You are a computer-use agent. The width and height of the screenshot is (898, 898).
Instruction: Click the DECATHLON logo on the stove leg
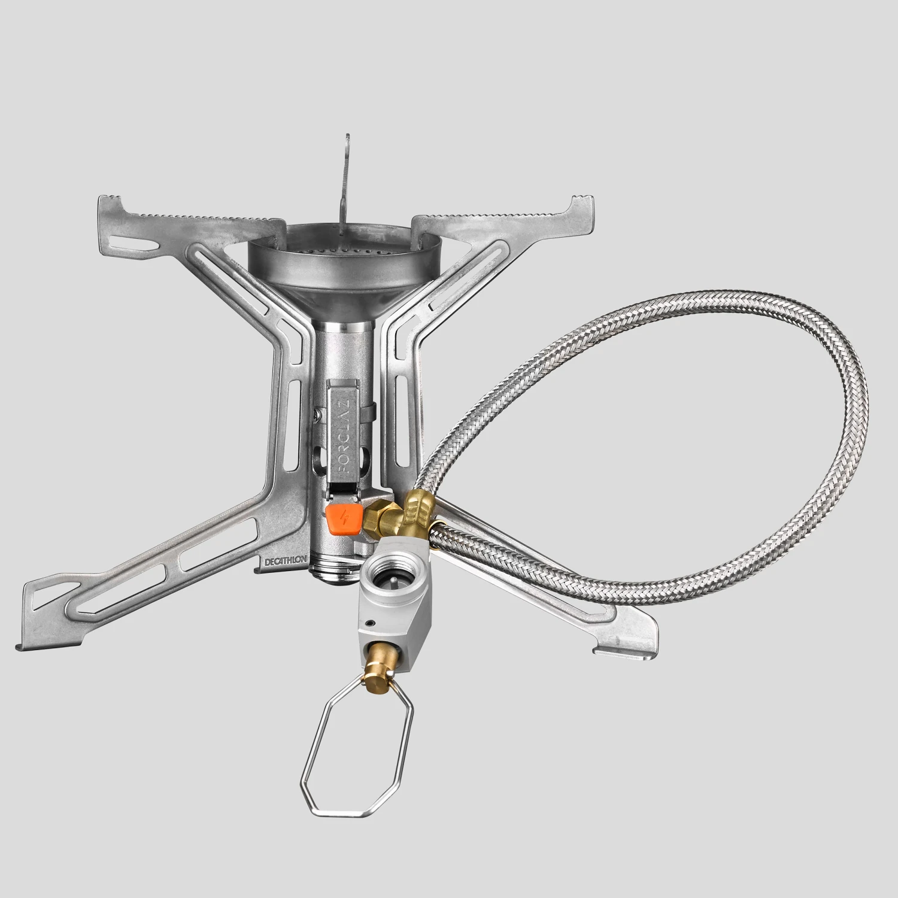click(x=285, y=562)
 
